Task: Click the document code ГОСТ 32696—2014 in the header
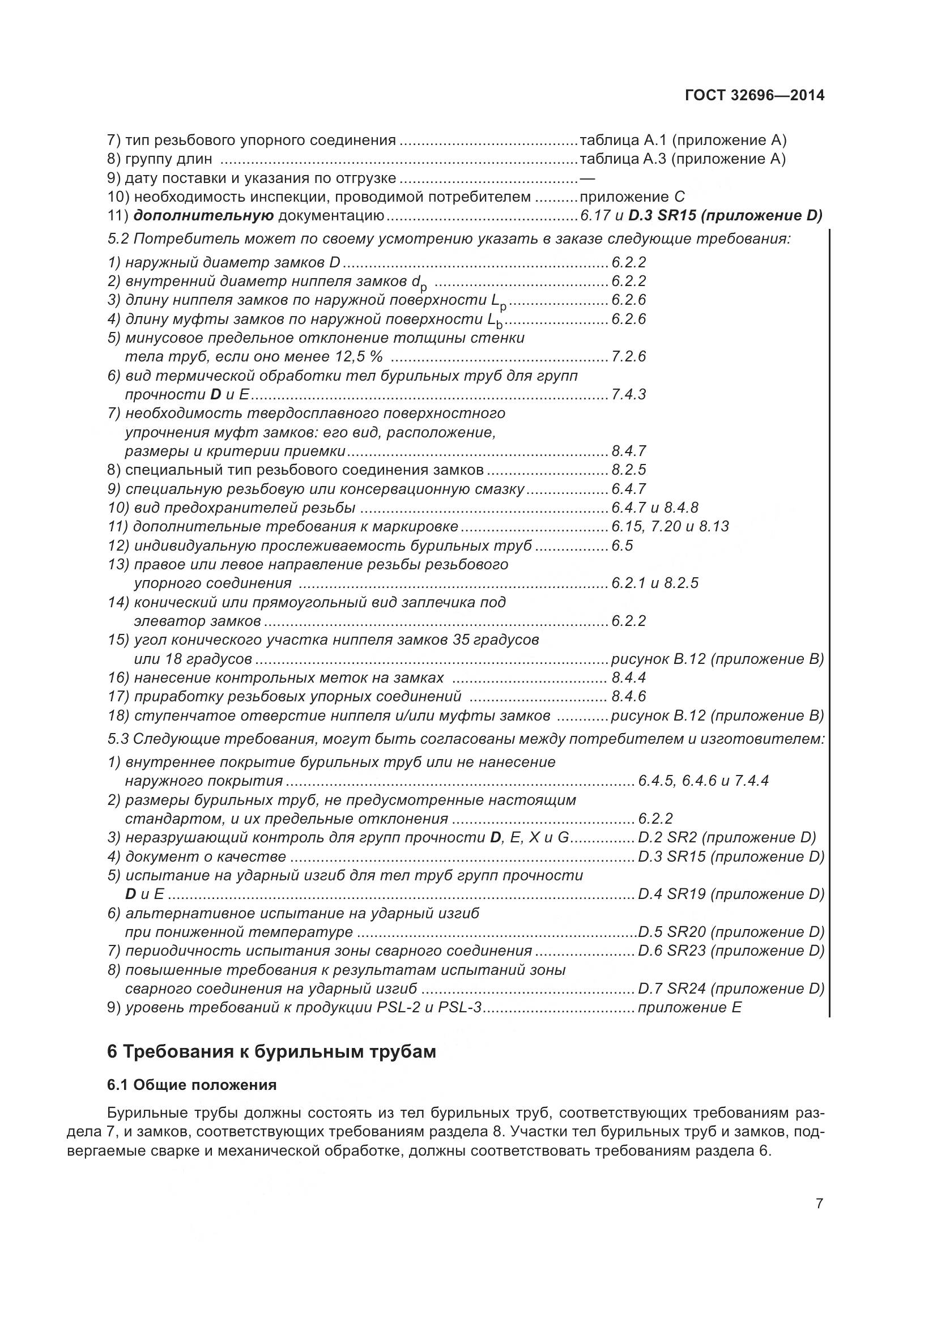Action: coord(755,96)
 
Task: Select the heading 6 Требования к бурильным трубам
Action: coord(271,1052)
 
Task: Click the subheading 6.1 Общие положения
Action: coord(191,1085)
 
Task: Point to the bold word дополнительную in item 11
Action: coord(203,216)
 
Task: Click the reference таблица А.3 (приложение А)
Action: coord(683,159)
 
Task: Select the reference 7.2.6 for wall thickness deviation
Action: coord(628,356)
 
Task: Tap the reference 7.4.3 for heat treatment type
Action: coord(628,394)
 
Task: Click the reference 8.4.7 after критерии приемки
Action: coord(628,451)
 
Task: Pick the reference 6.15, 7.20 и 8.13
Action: coord(670,526)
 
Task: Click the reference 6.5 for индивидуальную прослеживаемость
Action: coord(622,546)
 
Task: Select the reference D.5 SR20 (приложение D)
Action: coord(731,932)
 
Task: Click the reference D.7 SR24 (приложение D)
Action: coord(731,989)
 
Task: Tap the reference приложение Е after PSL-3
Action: coord(689,1008)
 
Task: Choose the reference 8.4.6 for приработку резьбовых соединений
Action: coord(628,697)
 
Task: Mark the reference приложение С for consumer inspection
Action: coord(632,197)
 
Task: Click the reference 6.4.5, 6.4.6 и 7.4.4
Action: coord(704,781)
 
